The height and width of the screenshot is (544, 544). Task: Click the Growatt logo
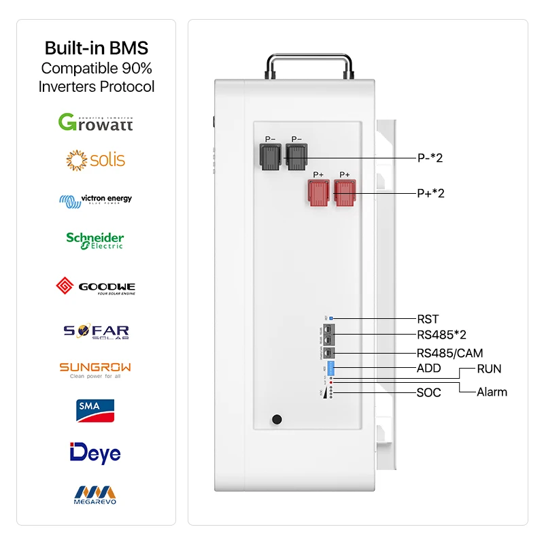point(96,122)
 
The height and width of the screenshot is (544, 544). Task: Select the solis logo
point(96,160)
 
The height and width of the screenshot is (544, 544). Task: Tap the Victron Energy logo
point(96,200)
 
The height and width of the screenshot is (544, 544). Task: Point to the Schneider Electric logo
point(95,240)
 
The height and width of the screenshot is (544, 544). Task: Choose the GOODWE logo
point(95,286)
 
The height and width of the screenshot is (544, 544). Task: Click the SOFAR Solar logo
point(96,331)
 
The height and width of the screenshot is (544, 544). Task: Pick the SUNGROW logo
point(95,369)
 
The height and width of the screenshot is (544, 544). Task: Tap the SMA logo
point(95,409)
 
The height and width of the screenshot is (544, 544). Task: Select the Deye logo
point(95,452)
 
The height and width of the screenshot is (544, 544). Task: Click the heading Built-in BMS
point(96,48)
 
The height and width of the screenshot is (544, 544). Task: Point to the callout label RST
point(428,318)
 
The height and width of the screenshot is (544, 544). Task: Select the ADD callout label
point(429,369)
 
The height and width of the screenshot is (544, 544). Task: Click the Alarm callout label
point(492,392)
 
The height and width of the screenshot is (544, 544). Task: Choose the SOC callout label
point(429,392)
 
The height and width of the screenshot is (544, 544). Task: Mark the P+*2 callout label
point(430,193)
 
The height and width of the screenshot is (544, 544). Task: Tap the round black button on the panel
point(276,420)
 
